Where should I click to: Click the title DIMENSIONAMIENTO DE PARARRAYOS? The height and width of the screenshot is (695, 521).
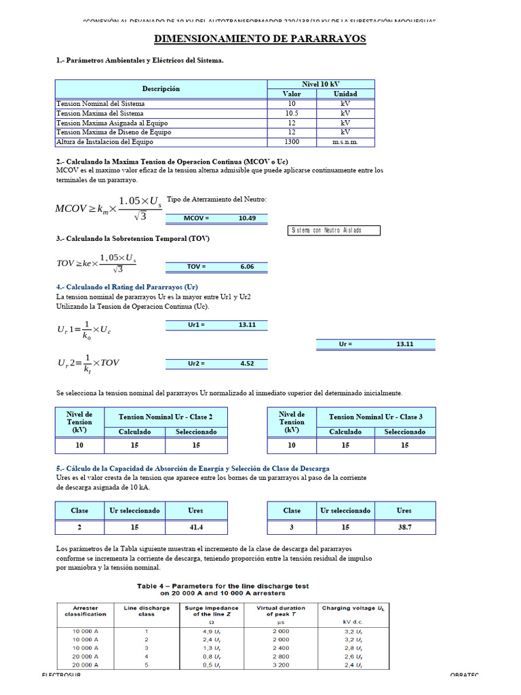point(260,39)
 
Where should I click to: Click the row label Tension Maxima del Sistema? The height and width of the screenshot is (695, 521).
point(100,113)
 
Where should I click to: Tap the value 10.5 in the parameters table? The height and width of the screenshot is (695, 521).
point(292,113)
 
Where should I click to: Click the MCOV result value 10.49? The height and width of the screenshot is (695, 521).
point(247,219)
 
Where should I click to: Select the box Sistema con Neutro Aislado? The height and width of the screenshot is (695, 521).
point(334,231)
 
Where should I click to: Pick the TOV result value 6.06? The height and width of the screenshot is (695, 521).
point(247,267)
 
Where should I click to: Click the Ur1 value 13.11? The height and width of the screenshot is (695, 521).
point(247,325)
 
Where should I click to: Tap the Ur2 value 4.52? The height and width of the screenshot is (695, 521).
point(247,364)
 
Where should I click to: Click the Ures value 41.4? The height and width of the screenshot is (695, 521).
point(195,527)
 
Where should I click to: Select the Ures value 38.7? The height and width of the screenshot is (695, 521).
point(404,527)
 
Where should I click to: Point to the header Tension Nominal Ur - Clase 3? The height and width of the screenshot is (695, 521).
point(375,417)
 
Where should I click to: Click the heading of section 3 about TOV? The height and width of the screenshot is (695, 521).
point(133,240)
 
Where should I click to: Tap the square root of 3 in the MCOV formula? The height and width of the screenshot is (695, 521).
point(140,217)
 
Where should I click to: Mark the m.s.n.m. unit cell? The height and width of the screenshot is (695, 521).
point(345,142)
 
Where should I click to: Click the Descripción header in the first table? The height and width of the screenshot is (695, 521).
point(161,89)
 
